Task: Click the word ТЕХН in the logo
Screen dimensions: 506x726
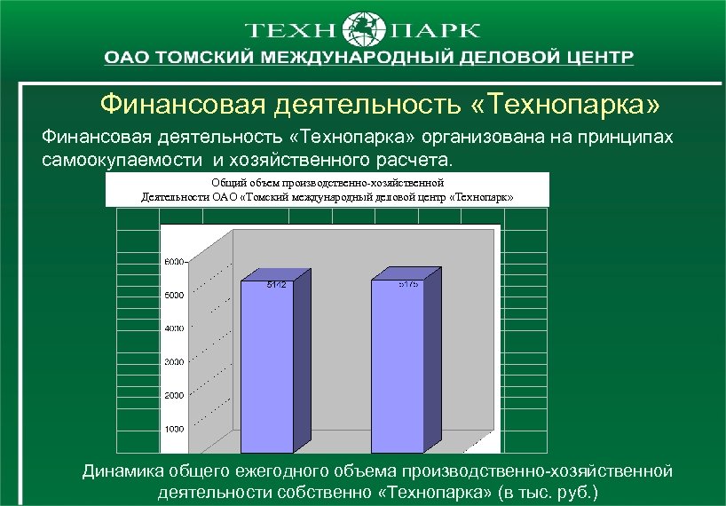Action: click(292, 30)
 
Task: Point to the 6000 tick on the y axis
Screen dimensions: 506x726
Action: click(173, 262)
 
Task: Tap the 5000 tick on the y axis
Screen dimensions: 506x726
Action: click(173, 295)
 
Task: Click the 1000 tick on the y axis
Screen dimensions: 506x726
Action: click(173, 429)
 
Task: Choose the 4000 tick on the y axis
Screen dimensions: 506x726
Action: click(173, 328)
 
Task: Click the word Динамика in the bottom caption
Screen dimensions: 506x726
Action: click(125, 471)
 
